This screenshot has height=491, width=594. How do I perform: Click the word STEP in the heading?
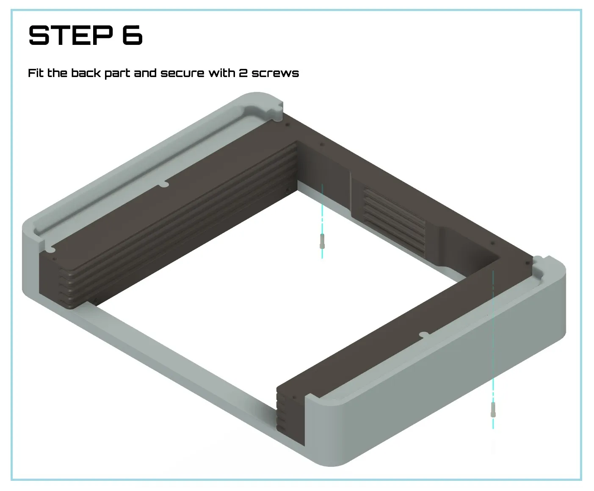(71, 35)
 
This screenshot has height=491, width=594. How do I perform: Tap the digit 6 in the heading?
(132, 35)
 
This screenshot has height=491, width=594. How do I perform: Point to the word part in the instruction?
(117, 74)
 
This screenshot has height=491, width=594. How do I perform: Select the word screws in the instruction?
(275, 74)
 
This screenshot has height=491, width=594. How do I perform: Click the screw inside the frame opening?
(322, 241)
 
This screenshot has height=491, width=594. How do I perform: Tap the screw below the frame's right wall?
(493, 410)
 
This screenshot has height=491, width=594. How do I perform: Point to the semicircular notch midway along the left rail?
(163, 185)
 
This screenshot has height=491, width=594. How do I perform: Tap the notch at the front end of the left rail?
(50, 249)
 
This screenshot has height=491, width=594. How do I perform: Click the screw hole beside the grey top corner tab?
(287, 124)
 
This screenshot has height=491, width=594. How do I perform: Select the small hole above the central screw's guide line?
(322, 145)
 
